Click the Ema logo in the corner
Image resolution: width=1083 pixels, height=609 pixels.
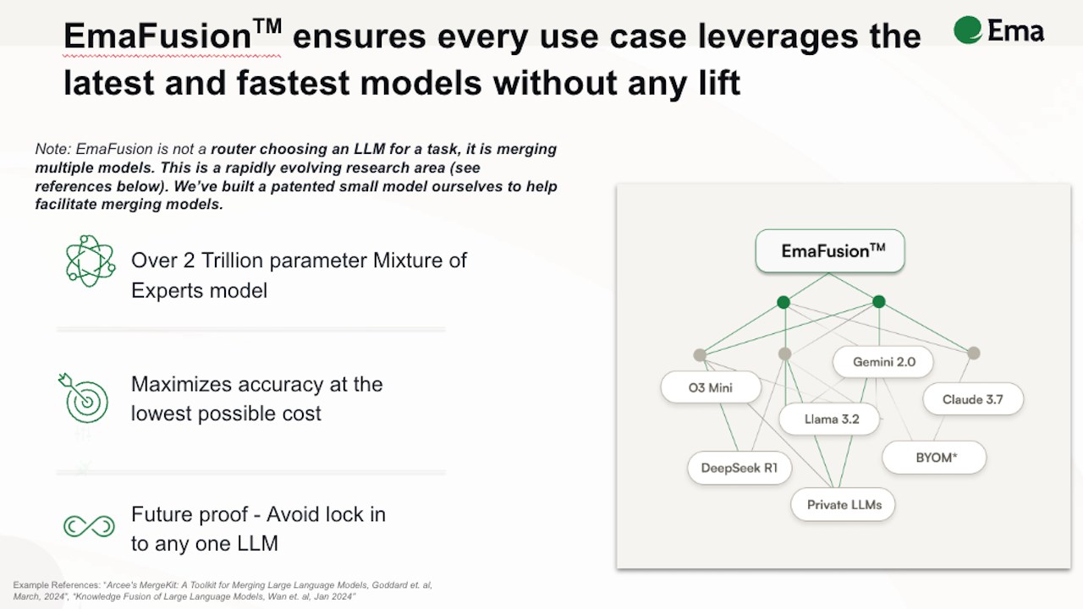pyautogui.click(x=999, y=30)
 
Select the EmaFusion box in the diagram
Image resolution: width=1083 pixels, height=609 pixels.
pyautogui.click(x=830, y=251)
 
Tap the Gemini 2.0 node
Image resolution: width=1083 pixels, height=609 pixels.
pyautogui.click(x=882, y=362)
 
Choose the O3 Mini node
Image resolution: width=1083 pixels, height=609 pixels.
pyautogui.click(x=711, y=387)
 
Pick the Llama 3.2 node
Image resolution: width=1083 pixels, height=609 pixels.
pyautogui.click(x=829, y=419)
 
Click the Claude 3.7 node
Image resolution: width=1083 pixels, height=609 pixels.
pyautogui.click(x=973, y=399)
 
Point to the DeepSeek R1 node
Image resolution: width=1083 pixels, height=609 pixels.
pyautogui.click(x=739, y=468)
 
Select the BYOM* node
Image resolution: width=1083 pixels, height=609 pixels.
pyautogui.click(x=934, y=458)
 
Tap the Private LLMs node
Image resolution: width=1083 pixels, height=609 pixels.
pyautogui.click(x=843, y=505)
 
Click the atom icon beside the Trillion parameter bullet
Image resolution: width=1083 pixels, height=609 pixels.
pyautogui.click(x=91, y=261)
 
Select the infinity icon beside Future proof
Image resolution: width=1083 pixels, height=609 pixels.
pyautogui.click(x=89, y=526)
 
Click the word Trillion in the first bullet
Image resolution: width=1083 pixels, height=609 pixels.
pyautogui.click(x=232, y=261)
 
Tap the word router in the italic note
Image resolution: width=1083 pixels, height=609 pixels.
pyautogui.click(x=233, y=149)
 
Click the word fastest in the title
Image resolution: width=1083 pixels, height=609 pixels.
pyautogui.click(x=293, y=83)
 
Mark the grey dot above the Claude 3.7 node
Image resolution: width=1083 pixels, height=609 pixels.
pyautogui.click(x=973, y=354)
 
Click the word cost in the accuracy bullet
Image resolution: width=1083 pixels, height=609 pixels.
pyautogui.click(x=303, y=414)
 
